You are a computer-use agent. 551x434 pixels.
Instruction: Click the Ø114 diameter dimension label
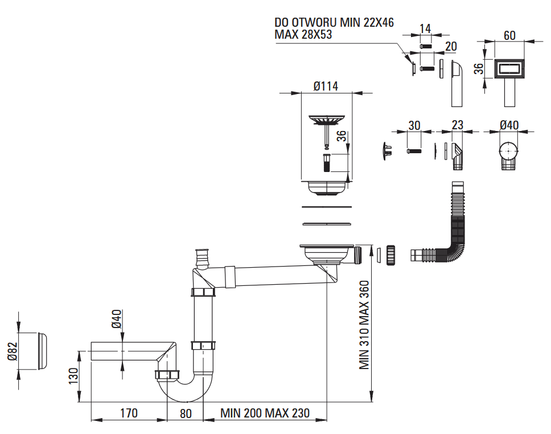(x=326, y=86)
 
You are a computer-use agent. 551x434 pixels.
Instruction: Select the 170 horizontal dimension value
(x=129, y=413)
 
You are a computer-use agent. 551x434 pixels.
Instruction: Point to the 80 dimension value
(x=186, y=413)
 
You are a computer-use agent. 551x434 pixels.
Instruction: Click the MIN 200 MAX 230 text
(x=265, y=413)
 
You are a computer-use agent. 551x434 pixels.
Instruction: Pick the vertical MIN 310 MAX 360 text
(x=365, y=325)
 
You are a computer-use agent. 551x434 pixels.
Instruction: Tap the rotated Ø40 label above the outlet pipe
(x=116, y=318)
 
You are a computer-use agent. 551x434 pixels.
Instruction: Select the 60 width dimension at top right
(x=509, y=35)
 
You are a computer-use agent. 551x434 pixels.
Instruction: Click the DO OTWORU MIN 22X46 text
(x=334, y=22)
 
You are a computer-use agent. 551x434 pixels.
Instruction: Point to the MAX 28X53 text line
(x=303, y=34)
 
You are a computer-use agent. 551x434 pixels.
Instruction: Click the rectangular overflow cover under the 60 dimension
(x=509, y=71)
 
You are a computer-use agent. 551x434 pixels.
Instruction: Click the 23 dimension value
(x=457, y=125)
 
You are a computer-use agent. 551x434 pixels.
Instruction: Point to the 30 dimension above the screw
(x=414, y=125)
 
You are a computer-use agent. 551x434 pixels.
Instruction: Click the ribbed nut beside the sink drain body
(x=390, y=255)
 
